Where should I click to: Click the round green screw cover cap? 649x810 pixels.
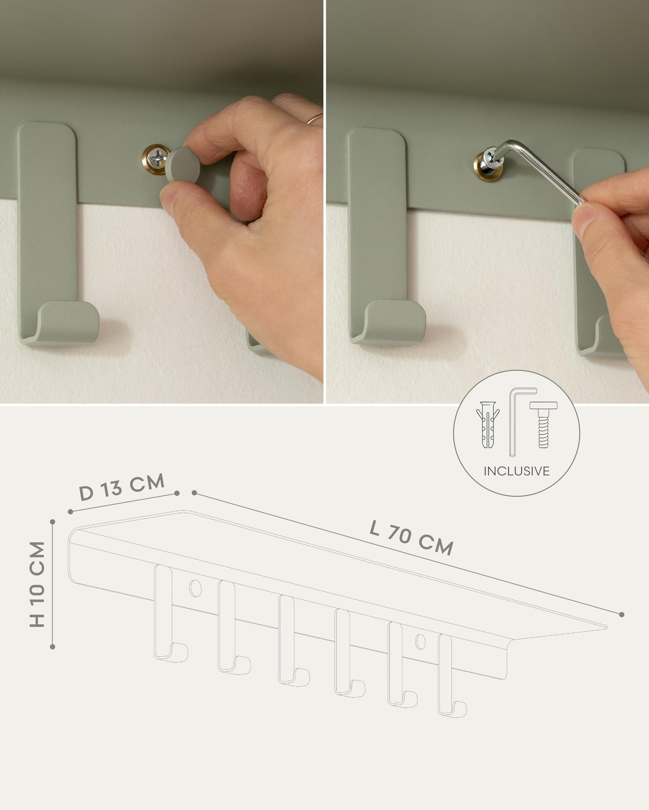coord(182,165)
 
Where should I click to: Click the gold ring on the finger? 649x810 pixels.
coord(314,118)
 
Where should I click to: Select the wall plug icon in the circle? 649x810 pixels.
coord(488,424)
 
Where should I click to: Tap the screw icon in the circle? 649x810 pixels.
coord(543,424)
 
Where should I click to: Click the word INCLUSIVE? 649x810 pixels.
coord(516,471)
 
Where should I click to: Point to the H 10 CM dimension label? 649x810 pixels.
coord(37,584)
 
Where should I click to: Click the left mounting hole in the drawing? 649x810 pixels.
coord(195,588)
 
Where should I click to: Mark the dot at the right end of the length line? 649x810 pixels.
coord(622,614)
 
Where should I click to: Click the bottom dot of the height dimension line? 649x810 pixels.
coord(52,647)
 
